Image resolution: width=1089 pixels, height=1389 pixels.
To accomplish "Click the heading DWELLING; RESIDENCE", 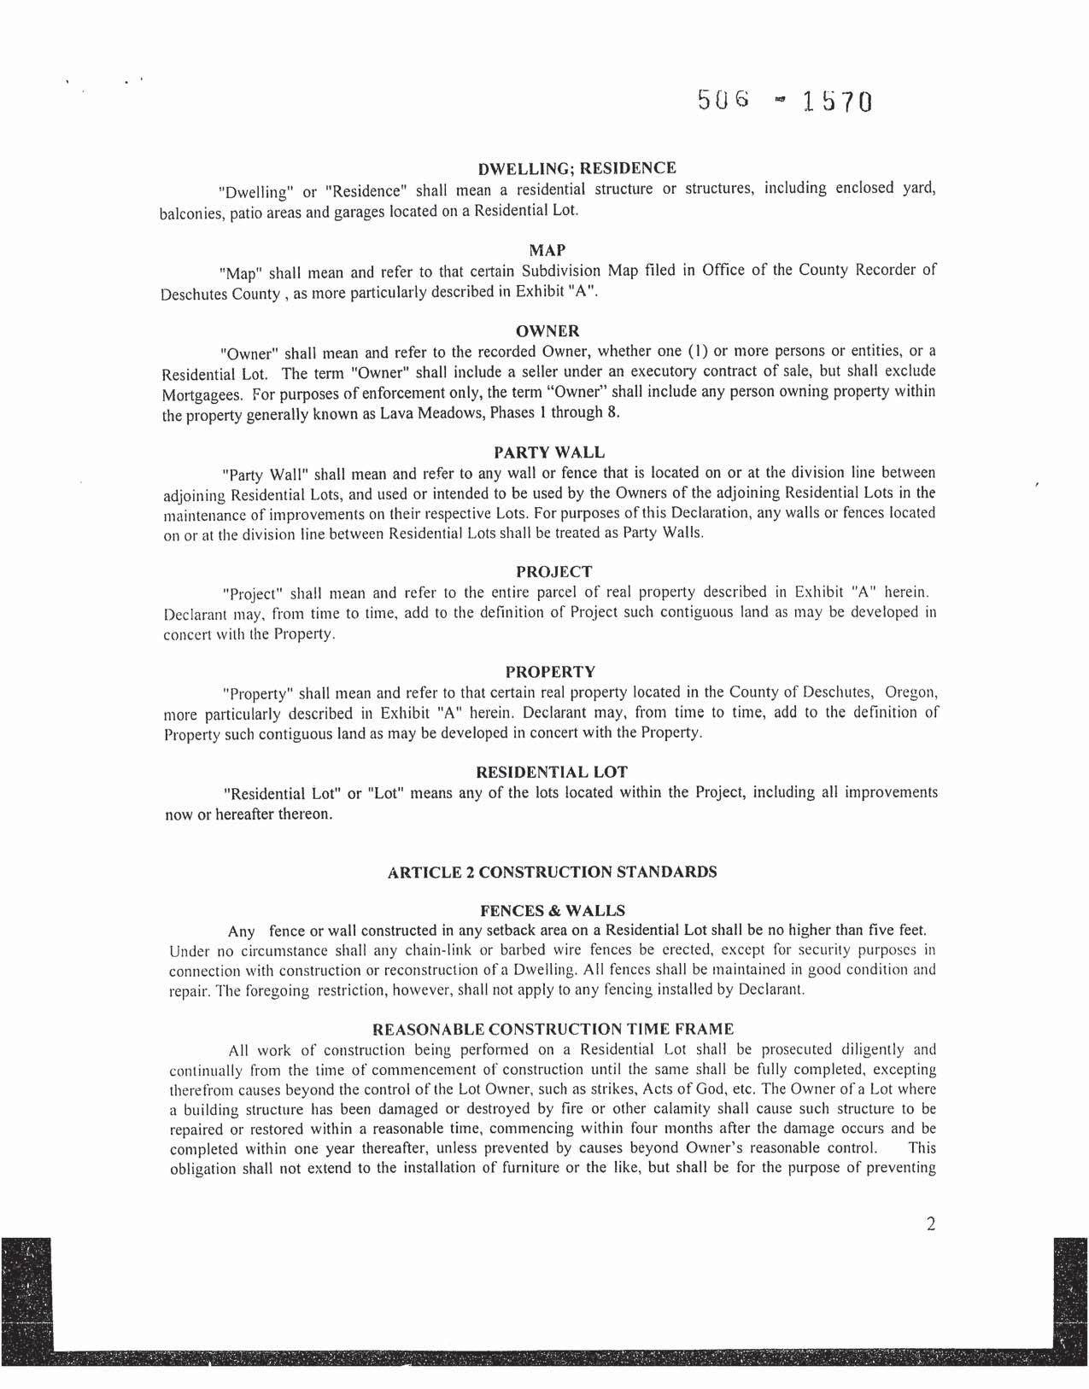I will [x=577, y=168].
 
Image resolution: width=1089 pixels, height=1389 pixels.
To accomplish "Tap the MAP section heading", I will [x=547, y=250].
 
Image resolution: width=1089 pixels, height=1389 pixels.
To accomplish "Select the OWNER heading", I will [x=547, y=330].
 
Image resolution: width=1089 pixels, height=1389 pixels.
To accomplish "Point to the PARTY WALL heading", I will [x=549, y=452].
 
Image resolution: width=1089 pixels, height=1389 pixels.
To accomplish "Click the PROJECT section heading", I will [x=553, y=571].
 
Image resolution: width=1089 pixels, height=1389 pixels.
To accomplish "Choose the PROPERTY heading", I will [x=550, y=672].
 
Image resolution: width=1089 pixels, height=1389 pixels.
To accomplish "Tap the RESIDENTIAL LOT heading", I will [x=551, y=772].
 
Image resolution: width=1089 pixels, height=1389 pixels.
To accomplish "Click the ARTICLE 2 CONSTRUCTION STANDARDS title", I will [x=552, y=872].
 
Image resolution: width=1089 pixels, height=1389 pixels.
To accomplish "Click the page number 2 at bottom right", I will [x=930, y=1224].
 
